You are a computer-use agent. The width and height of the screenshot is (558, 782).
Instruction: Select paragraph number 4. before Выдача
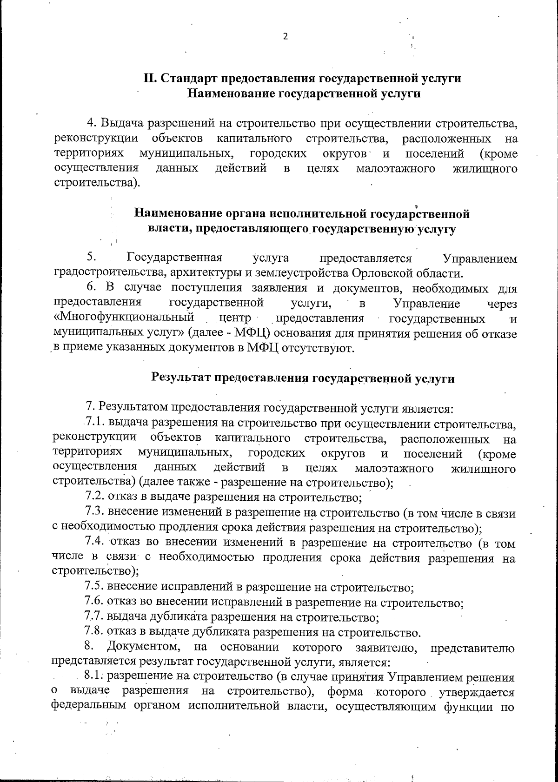pos(92,124)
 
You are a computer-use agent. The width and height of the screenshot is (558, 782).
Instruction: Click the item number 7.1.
pos(95,423)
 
